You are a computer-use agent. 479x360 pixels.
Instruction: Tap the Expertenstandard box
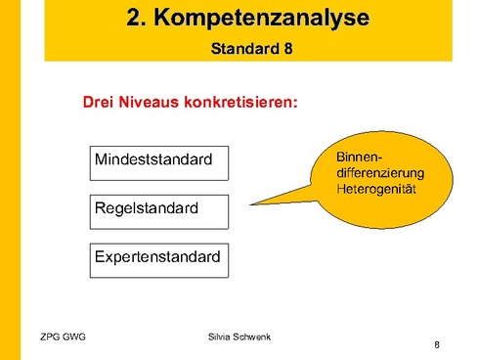[158, 259]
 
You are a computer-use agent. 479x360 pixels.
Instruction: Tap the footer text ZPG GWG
[64, 337]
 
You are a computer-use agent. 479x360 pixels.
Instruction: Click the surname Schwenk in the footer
[255, 337]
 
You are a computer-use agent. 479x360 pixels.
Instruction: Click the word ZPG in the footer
[51, 337]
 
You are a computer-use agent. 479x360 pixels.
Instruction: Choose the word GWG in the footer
[74, 337]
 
